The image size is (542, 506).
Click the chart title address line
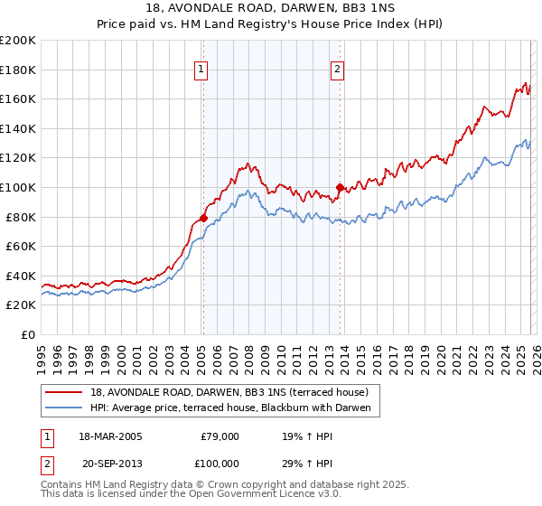coord(270,8)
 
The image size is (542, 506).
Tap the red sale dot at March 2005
coord(203,218)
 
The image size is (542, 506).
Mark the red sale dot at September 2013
coord(340,187)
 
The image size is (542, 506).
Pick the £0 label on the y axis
coord(27,334)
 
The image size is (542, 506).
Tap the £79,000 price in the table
coord(219,436)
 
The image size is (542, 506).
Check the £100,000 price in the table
coord(219,462)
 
